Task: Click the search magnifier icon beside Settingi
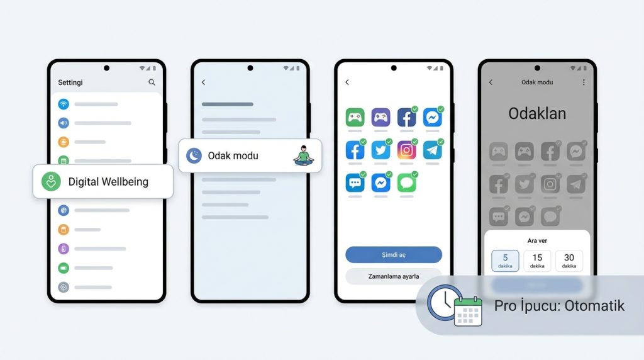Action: point(152,82)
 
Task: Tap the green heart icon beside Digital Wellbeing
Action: point(52,181)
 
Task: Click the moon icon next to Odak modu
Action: point(194,155)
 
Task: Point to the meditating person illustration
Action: point(304,155)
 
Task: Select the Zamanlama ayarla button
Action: point(394,276)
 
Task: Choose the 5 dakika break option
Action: point(505,261)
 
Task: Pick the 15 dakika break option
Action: point(537,261)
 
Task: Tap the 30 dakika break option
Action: point(569,261)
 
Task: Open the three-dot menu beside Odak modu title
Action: point(584,82)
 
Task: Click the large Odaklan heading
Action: point(537,113)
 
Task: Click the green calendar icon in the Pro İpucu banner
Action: point(468,311)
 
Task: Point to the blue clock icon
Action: point(444,303)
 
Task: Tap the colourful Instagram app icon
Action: point(407,150)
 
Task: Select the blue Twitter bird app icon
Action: point(380,150)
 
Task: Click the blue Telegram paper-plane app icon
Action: point(433,150)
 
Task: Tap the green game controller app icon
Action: point(355,118)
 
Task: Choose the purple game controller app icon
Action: point(380,118)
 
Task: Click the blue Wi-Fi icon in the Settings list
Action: point(64,104)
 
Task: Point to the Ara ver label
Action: point(537,241)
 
